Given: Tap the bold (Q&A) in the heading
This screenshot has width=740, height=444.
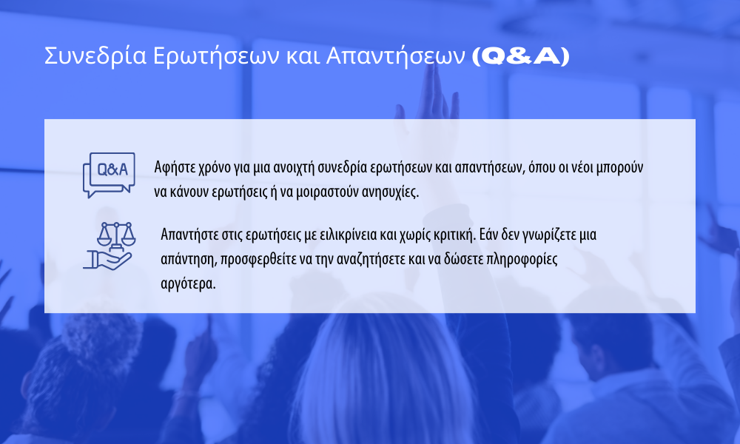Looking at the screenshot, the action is pos(521,56).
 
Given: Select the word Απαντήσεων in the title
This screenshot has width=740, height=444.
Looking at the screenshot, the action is pos(395,57).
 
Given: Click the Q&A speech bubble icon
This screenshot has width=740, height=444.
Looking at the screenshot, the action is pos(109,175).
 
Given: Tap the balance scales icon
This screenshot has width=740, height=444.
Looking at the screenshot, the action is pos(116,235).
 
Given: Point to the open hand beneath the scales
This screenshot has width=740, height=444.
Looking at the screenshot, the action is pos(107,260).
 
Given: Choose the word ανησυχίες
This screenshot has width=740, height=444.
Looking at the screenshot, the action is pos(390,193).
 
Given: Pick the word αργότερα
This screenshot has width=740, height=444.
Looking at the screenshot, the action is pos(188,284).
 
